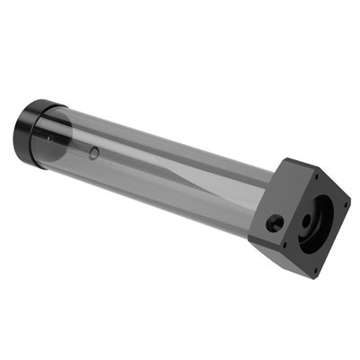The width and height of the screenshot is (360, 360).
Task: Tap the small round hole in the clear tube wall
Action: tap(94, 153)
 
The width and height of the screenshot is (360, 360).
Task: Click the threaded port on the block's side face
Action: tap(274, 222)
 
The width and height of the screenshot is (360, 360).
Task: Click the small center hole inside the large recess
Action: tap(310, 219)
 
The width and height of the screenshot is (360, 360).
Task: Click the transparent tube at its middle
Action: tap(162, 171)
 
